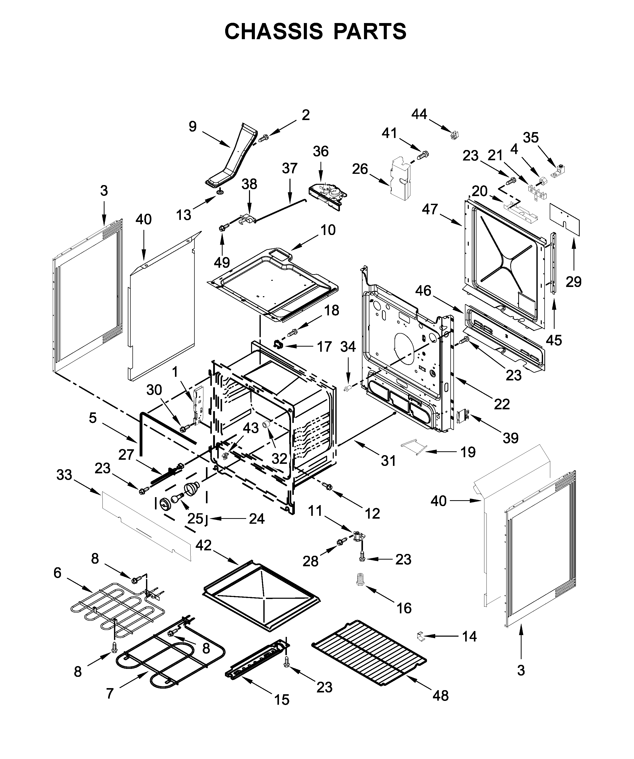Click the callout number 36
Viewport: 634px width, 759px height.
pyautogui.click(x=320, y=152)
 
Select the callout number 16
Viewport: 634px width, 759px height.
pyautogui.click(x=404, y=608)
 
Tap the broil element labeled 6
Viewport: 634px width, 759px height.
pyautogui.click(x=116, y=611)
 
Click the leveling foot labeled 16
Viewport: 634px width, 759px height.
pyautogui.click(x=360, y=581)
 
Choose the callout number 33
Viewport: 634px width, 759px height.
pyautogui.click(x=64, y=475)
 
